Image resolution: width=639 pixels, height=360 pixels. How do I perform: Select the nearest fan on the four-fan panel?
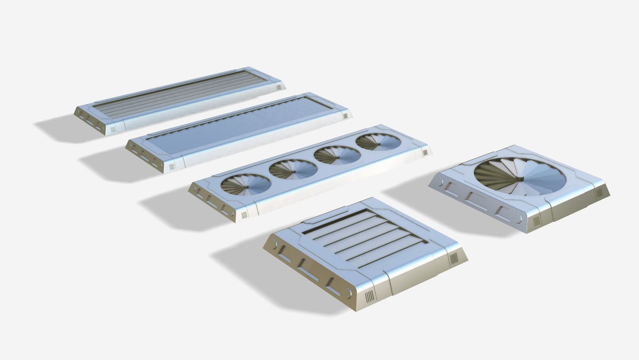(x=246, y=184)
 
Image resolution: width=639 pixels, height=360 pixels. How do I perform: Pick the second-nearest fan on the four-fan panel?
(x=293, y=169)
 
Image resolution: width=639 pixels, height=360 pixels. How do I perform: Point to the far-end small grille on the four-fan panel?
(x=424, y=153)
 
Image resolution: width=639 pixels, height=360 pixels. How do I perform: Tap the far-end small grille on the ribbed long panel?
(x=279, y=87)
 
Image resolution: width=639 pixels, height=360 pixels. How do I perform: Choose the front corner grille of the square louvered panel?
(x=369, y=297)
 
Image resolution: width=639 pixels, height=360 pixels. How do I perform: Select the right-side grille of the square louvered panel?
(x=454, y=258)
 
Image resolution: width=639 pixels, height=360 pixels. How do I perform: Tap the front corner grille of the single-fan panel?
(x=536, y=221)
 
